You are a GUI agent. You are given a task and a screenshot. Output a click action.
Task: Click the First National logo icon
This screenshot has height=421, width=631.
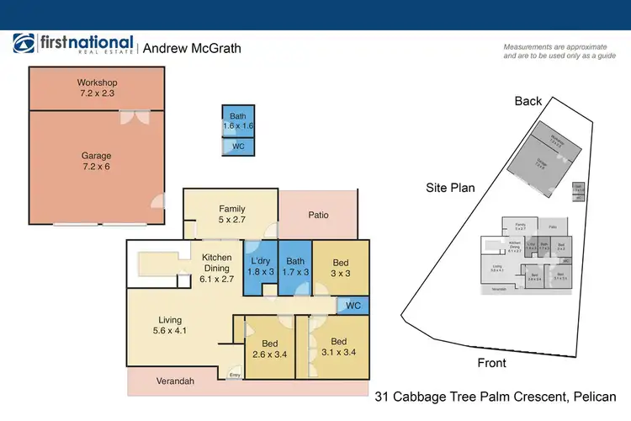tap(24, 45)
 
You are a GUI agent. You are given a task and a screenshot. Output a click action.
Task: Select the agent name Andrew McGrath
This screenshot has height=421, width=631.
tap(192, 48)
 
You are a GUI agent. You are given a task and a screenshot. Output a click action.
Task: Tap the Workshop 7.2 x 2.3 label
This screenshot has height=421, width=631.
tap(96, 88)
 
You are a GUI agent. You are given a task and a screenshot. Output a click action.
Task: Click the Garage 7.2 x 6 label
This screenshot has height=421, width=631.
tap(96, 162)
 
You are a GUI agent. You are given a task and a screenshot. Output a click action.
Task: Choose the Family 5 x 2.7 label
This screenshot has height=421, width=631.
tap(231, 214)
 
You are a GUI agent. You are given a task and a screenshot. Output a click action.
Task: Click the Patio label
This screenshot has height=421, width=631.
tap(317, 215)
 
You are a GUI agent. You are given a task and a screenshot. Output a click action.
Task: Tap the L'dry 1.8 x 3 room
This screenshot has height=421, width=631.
tap(260, 266)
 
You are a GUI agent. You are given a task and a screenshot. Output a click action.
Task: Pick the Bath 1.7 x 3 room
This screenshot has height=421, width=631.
tap(295, 266)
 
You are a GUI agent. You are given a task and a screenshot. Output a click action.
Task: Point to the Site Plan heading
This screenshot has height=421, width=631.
tap(450, 189)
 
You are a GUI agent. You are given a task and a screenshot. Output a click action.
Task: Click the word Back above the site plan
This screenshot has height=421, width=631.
tap(528, 101)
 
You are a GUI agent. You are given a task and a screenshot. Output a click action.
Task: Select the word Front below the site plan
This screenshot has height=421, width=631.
tap(491, 363)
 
